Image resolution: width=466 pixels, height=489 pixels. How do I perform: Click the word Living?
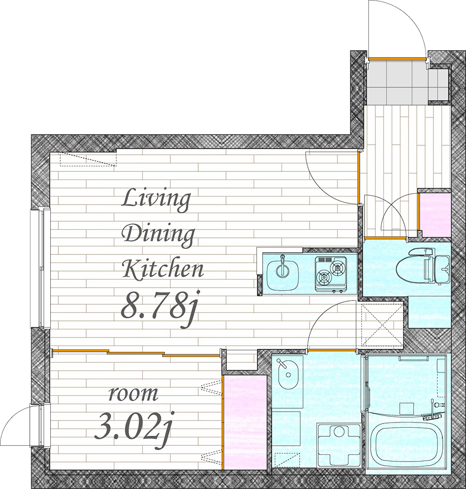point(156,200)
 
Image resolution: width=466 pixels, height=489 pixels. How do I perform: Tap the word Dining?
point(158,235)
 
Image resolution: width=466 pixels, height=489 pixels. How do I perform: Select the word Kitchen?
point(163,269)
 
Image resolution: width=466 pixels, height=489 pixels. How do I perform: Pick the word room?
point(133,394)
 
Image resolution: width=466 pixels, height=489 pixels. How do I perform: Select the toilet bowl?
point(411,266)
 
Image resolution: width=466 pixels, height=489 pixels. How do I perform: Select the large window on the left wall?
point(40,268)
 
